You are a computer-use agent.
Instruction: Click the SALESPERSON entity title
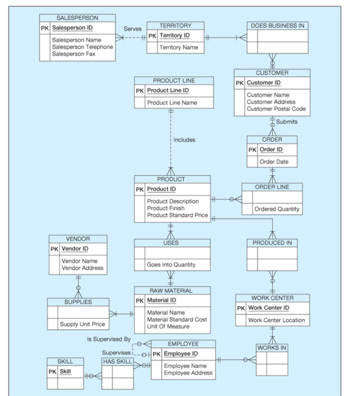click(77, 18)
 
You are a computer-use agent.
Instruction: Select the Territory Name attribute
click(178, 48)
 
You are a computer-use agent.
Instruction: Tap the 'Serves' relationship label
click(132, 29)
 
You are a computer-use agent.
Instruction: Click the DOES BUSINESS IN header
click(277, 26)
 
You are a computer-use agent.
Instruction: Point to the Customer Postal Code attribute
click(276, 109)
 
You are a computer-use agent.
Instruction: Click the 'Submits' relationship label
click(287, 122)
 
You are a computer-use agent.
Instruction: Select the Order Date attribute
click(273, 162)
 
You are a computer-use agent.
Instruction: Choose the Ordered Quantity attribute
click(277, 209)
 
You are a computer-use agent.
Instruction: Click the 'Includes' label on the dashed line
click(184, 140)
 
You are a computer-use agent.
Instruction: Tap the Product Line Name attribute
click(172, 103)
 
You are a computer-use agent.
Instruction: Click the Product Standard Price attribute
click(177, 215)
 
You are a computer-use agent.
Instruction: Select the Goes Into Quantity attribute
click(171, 265)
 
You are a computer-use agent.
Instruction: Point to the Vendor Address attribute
click(82, 268)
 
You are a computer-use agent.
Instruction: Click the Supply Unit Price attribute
click(82, 325)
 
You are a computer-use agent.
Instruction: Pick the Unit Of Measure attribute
click(168, 327)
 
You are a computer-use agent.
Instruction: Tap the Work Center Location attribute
click(277, 320)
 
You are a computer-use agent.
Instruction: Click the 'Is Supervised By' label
click(109, 339)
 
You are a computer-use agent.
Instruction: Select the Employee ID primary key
click(181, 354)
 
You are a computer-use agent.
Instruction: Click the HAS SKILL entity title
click(117, 362)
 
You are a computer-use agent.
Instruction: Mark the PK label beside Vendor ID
click(54, 249)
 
